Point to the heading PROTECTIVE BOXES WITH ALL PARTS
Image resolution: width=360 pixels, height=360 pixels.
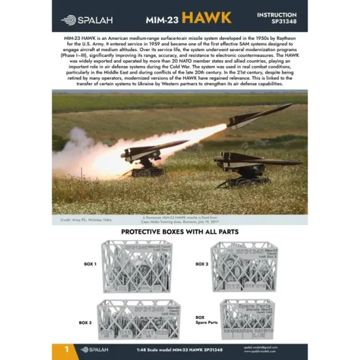click(x=179, y=232)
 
